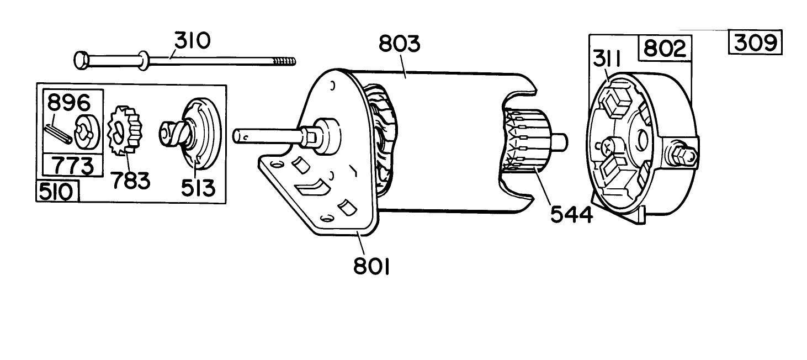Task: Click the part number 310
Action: tap(193, 41)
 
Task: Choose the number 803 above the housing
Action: tap(399, 44)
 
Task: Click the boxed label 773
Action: tap(72, 165)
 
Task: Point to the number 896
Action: tap(69, 103)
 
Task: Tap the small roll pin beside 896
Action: tap(56, 134)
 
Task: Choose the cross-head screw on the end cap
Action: tap(606, 147)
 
